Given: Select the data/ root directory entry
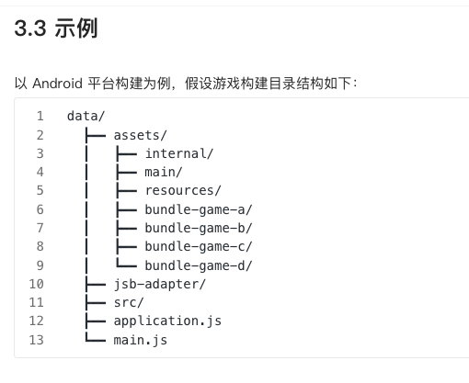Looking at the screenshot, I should (86, 116).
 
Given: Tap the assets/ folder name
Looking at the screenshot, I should (141, 135).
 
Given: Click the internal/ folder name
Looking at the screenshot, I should (178, 153).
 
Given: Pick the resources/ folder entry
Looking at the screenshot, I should (183, 191).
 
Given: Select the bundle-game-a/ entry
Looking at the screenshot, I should (198, 209).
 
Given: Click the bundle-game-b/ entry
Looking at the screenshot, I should (198, 228).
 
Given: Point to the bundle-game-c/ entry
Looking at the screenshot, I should (198, 246).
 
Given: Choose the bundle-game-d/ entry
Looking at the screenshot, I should (198, 265).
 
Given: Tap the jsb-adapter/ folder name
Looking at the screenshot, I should (160, 284).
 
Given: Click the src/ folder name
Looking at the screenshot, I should (129, 302).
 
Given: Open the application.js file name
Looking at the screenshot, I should (167, 321).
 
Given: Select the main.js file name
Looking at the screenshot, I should (141, 340).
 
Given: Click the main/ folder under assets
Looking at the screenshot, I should (164, 172).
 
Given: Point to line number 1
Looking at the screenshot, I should (40, 116).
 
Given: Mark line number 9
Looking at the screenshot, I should (40, 265).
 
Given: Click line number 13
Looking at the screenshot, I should (37, 340).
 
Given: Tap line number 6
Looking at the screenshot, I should (40, 209).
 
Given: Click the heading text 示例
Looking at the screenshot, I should (79, 29).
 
